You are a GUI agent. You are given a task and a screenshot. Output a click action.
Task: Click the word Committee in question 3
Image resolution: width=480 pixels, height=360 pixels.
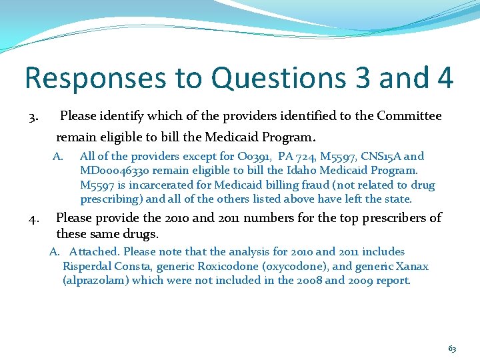tap(409, 116)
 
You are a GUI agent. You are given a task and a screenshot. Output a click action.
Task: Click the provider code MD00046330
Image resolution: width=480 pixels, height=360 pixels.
tap(115, 171)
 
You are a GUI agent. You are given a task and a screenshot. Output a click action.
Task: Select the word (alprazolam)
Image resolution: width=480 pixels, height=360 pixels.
tap(95, 281)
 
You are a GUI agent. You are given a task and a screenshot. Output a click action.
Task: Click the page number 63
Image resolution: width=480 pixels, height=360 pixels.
tap(452, 349)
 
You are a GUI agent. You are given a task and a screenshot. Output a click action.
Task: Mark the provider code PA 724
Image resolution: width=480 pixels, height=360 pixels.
tap(295, 157)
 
